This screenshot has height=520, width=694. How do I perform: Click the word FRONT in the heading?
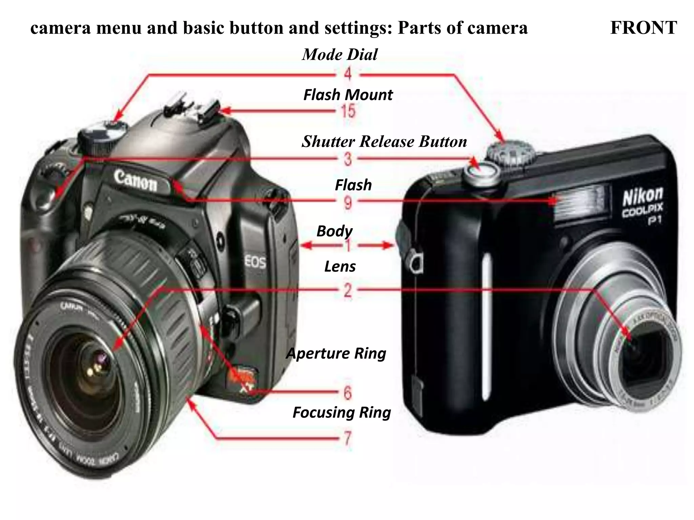pos(643,28)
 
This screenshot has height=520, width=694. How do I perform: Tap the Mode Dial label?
pos(340,55)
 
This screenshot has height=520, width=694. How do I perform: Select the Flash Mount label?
pos(348,95)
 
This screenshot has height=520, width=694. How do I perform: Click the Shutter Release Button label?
pos(384,142)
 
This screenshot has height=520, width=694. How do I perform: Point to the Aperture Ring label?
pos(336,353)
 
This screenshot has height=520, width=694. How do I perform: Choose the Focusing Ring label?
pos(342,412)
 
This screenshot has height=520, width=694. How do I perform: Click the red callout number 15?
pos(348,111)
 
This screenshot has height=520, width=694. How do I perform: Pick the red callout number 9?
pos(348,203)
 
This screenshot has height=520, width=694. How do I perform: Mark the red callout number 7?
pos(348,439)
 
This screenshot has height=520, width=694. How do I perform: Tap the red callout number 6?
pos(348,393)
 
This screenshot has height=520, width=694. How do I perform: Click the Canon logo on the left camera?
pos(136,180)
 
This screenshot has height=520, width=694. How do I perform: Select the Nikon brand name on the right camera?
pos(642,196)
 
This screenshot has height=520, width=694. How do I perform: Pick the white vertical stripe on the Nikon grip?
pos(487,322)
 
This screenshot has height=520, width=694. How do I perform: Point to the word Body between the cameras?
pos(334,231)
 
